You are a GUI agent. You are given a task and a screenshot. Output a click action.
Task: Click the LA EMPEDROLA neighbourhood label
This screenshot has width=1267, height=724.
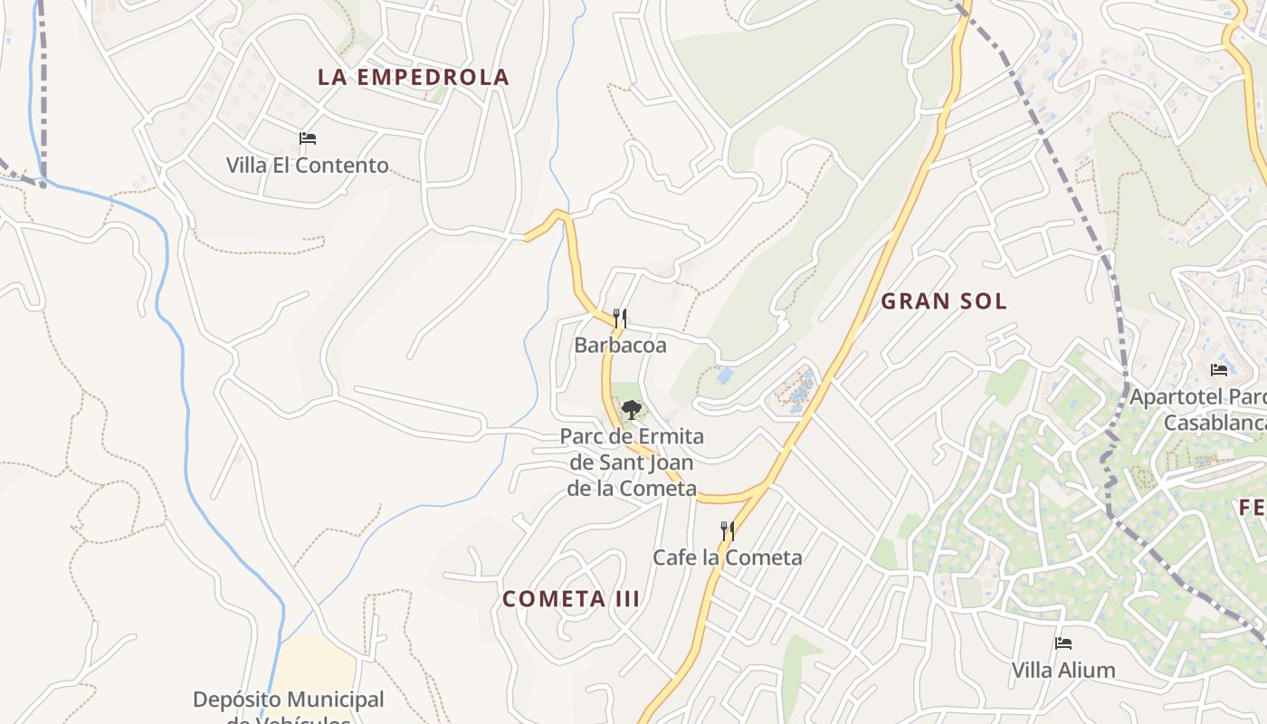click(x=414, y=77)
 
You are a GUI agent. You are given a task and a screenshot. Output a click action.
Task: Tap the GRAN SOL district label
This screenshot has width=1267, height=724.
click(x=944, y=301)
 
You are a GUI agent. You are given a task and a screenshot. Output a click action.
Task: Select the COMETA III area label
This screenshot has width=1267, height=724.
click(x=571, y=598)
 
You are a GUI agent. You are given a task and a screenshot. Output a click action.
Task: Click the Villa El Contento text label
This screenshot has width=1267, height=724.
click(x=308, y=166)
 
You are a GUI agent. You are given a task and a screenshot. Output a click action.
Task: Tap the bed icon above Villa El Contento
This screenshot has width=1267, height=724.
click(x=308, y=138)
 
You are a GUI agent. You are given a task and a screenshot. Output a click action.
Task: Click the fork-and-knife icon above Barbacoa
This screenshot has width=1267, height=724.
click(x=620, y=318)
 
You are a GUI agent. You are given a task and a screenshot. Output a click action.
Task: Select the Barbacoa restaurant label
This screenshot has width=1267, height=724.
click(x=620, y=345)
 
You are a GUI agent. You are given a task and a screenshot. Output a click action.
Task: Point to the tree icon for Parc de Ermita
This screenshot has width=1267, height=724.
click(x=632, y=410)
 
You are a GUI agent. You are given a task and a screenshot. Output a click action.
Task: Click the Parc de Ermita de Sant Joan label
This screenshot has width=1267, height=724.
click(x=632, y=462)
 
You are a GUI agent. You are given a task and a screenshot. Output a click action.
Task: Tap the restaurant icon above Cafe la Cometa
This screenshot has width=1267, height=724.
click(x=727, y=530)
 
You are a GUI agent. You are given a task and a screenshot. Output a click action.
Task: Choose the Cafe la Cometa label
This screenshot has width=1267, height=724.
click(x=728, y=557)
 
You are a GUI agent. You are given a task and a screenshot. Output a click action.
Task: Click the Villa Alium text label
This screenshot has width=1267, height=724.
click(x=1063, y=671)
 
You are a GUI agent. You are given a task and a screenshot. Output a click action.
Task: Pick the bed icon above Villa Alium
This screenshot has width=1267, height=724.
click(x=1063, y=643)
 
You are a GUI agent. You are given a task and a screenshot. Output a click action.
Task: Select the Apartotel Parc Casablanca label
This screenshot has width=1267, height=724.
click(x=1199, y=410)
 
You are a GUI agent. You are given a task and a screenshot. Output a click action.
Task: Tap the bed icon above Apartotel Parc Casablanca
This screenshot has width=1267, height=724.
click(x=1219, y=370)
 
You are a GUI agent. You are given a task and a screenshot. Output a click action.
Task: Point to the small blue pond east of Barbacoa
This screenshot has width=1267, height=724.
click(x=724, y=375)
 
